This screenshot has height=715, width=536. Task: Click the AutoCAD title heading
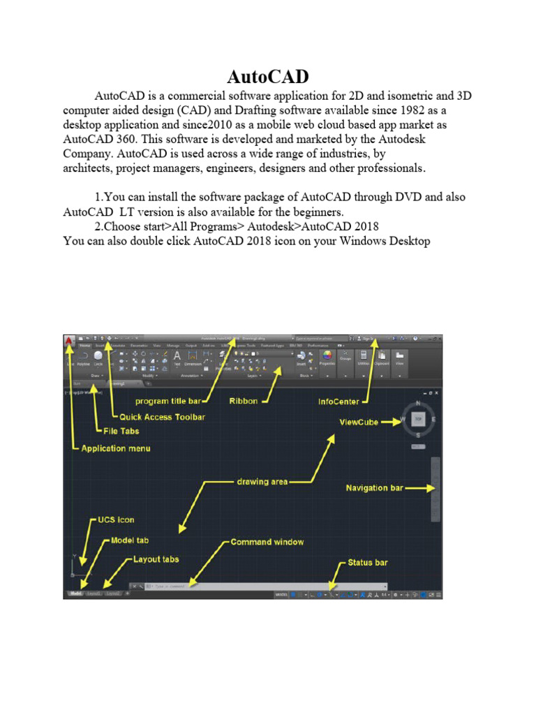[x=268, y=76]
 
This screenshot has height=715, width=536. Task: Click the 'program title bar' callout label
[x=167, y=401]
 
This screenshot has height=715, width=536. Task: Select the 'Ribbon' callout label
[x=244, y=401]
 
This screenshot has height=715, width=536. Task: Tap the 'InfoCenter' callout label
[x=338, y=401]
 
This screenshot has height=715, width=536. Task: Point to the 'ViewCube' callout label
[x=359, y=422]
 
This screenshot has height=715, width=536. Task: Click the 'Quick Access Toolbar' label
[x=162, y=417]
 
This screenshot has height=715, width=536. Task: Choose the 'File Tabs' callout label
[x=120, y=431]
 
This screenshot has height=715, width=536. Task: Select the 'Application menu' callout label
[x=115, y=448]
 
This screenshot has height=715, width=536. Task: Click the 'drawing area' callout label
[x=262, y=481]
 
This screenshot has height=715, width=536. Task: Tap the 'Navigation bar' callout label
[x=374, y=488]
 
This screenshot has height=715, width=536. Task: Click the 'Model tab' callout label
[x=130, y=540]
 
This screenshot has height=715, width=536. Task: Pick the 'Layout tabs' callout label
[x=156, y=559]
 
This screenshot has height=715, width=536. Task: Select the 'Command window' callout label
[x=267, y=542]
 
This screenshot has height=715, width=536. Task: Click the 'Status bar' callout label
[x=368, y=562]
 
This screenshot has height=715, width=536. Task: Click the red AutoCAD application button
[x=70, y=341]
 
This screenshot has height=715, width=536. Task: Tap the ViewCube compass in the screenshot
[x=418, y=420]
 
